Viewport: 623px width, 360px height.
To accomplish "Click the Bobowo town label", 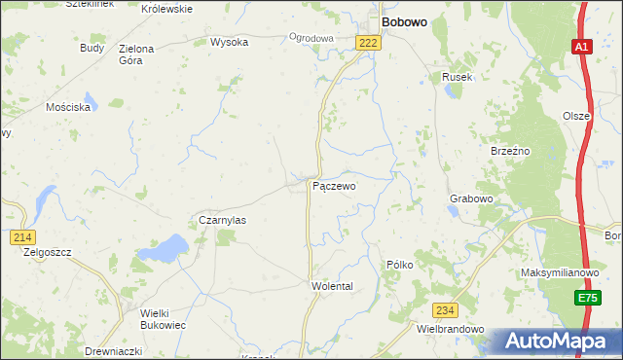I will pos(407,20).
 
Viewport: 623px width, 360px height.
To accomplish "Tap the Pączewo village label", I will pos(333,185).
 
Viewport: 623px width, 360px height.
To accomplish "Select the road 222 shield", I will pos(368,42).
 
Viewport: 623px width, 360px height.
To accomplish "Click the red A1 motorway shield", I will pos(581,47).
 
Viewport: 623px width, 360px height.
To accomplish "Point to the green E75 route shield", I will pos(585,299).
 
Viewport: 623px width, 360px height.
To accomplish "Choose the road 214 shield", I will pos(22,237).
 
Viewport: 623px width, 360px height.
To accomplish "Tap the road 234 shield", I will pos(445,310).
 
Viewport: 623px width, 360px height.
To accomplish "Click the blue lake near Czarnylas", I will pos(164,249).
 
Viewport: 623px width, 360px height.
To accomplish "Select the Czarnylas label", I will pos(222,220).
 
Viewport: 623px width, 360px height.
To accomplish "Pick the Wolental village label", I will pos(331,286).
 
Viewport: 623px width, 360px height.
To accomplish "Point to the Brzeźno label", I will pos(509,151).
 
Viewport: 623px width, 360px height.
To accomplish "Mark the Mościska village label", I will pos(68,107).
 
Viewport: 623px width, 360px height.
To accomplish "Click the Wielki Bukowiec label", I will pos(149,318).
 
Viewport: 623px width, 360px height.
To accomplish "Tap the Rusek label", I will pos(457,77).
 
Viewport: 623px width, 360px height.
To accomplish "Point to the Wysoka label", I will pos(229,42).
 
